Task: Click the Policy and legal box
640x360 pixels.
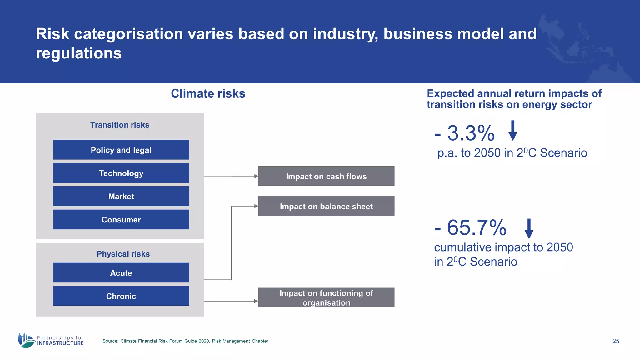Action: pos(121,150)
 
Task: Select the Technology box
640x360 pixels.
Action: pos(121,173)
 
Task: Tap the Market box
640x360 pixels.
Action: pos(121,196)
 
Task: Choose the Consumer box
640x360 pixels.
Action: pos(121,219)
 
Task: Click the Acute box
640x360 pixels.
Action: pos(121,273)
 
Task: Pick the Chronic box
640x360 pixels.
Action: pos(121,296)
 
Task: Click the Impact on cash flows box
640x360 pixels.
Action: pos(326,176)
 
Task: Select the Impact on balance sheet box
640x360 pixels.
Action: pos(326,206)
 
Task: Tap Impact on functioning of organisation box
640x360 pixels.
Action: pos(326,297)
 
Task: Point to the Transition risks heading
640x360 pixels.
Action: pos(120,125)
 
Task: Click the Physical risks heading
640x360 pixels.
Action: pos(123,254)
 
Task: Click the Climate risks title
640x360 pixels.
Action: pos(208,93)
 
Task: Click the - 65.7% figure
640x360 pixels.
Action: pos(470,228)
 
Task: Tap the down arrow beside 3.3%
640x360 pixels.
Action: pos(512,131)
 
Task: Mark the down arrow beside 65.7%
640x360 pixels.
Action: pos(529,229)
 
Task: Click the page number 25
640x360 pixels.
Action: pos(616,341)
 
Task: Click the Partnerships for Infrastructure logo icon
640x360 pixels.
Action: pos(26,340)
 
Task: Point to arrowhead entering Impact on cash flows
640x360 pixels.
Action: pos(256,176)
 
